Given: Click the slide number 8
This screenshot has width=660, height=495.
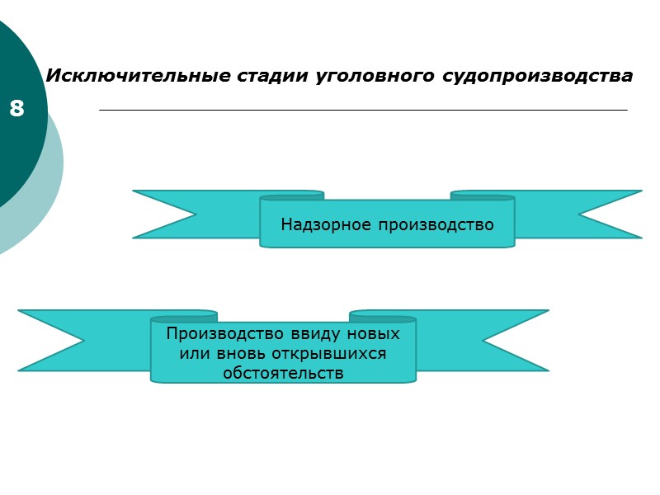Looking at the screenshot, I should pyautogui.click(x=16, y=108).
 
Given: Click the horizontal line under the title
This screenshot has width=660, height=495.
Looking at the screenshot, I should pyautogui.click(x=363, y=110).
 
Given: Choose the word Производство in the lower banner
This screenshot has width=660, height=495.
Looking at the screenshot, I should pyautogui.click(x=224, y=334).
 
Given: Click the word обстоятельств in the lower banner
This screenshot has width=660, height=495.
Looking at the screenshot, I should pyautogui.click(x=283, y=373).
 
